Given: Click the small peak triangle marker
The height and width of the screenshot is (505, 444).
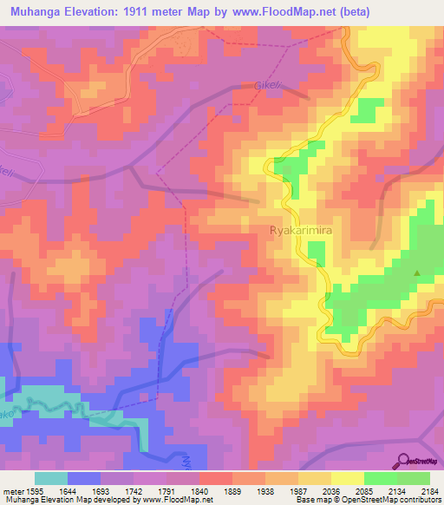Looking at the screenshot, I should (x=417, y=274).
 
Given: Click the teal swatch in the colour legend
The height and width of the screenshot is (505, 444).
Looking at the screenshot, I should (x=51, y=478).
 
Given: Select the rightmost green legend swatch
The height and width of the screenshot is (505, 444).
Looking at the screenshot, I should (x=413, y=478).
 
